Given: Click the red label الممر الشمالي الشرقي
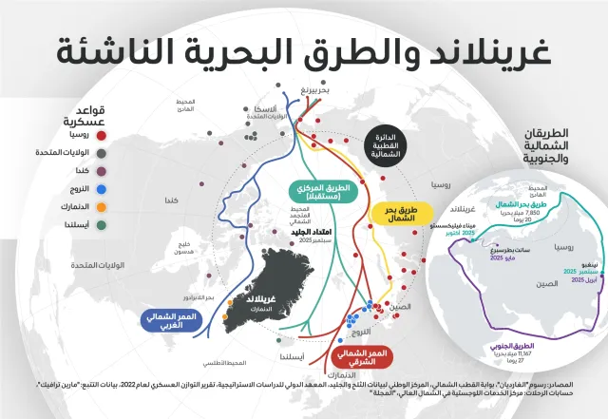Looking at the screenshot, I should point(362,357).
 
